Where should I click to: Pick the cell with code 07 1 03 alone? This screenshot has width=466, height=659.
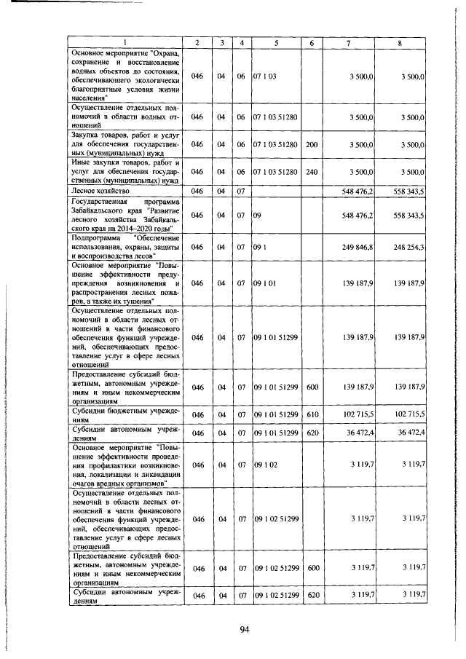coord(264,76)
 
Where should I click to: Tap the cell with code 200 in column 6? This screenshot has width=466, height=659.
coord(312,145)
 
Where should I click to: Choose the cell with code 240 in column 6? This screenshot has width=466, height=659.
coord(312,171)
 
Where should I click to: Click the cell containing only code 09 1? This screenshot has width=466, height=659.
coord(261,248)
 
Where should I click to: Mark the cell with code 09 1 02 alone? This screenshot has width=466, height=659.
coord(264,463)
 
